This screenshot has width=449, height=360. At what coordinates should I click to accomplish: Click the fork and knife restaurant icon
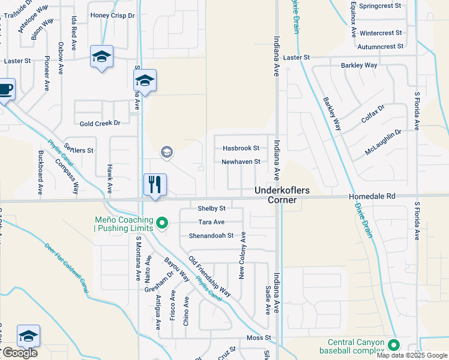click(155, 184)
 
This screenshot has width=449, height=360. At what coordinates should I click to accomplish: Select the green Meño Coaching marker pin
click(161, 224)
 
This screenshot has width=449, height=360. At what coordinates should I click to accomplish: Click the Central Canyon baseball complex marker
click(394, 345)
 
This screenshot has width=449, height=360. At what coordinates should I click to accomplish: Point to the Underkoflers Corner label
click(282, 194)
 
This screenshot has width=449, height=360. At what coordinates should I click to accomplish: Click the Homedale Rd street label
click(374, 196)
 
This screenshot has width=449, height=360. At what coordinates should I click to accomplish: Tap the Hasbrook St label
click(241, 148)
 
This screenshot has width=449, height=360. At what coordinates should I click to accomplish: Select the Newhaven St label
click(241, 161)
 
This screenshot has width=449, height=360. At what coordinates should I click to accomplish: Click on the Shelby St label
click(211, 208)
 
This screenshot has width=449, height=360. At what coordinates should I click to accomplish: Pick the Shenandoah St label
click(211, 236)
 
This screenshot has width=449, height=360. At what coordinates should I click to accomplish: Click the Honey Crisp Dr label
click(112, 15)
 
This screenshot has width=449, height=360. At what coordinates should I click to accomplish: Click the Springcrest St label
click(381, 5)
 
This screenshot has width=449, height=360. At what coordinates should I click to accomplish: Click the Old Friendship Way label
click(209, 276)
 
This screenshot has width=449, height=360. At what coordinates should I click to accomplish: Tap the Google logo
click(19, 353)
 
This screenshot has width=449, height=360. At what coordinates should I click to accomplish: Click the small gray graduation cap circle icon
click(166, 153)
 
